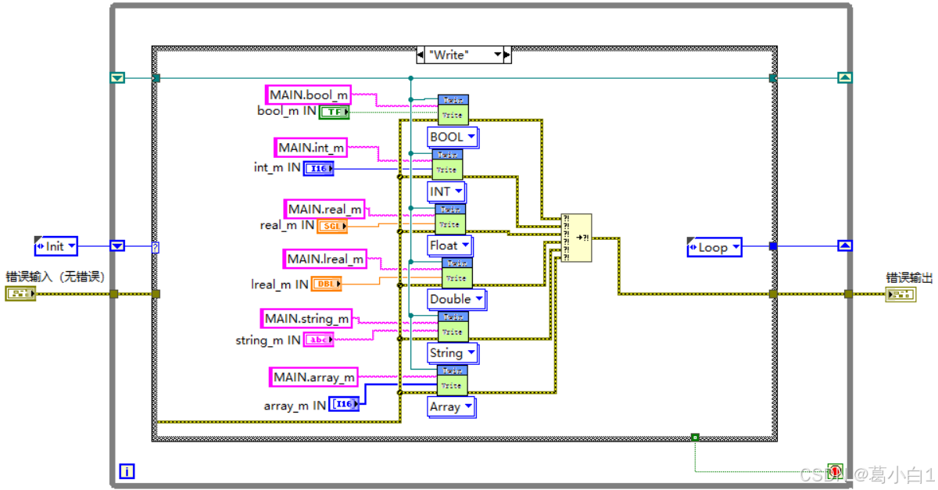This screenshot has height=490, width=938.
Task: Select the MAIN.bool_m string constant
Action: (308, 95)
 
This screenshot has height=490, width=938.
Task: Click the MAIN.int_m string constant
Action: (310, 147)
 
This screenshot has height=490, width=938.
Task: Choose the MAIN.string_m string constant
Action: (306, 318)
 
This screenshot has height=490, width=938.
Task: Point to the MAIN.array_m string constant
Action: (313, 377)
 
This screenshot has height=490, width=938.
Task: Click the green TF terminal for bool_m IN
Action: (334, 112)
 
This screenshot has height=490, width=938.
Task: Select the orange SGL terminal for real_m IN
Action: (332, 226)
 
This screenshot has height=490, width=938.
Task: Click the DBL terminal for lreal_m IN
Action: (327, 284)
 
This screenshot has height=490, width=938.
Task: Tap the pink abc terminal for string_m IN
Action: (318, 340)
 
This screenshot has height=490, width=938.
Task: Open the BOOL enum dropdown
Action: (453, 138)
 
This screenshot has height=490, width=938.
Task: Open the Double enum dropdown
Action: (456, 299)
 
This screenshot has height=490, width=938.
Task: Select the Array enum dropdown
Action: (451, 407)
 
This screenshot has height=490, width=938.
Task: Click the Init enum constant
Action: (56, 246)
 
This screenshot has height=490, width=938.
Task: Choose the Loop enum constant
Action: (714, 248)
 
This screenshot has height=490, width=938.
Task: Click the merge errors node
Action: (576, 238)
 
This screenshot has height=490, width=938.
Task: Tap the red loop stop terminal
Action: (836, 471)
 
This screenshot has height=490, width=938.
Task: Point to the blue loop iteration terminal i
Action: (127, 471)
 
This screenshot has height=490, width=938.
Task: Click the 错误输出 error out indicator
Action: (901, 294)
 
